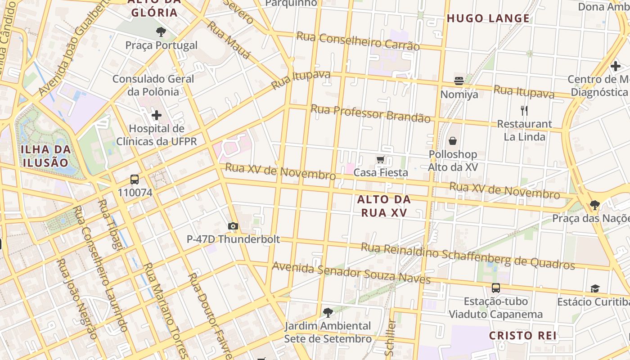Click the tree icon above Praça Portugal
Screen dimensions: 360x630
pyautogui.click(x=161, y=32)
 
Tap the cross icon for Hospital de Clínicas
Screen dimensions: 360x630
pyautogui.click(x=156, y=116)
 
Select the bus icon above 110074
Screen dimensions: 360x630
pyautogui.click(x=134, y=180)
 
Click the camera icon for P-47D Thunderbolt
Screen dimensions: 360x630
pyautogui.click(x=233, y=226)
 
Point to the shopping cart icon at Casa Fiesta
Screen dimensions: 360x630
pyautogui.click(x=381, y=160)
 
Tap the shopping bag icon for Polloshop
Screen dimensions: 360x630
pyautogui.click(x=453, y=141)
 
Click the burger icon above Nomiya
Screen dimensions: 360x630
pyautogui.click(x=459, y=81)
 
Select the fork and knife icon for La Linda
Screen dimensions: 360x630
pyautogui.click(x=524, y=111)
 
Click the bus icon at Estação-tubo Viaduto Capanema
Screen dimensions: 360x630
pyautogui.click(x=495, y=288)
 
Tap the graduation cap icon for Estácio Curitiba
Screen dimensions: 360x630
pyautogui.click(x=595, y=288)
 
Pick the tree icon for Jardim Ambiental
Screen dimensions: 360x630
pyautogui.click(x=328, y=312)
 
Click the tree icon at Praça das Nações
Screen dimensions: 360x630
pyautogui.click(x=595, y=205)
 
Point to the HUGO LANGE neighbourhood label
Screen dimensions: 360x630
pyautogui.click(x=488, y=18)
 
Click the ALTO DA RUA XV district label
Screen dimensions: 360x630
pyautogui.click(x=384, y=206)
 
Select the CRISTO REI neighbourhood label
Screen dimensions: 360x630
pyautogui.click(x=522, y=335)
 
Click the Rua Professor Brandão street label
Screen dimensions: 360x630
pyautogui.click(x=370, y=113)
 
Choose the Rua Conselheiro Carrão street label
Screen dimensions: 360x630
pyautogui.click(x=358, y=40)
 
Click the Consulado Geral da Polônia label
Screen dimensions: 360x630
pyautogui.click(x=153, y=85)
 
